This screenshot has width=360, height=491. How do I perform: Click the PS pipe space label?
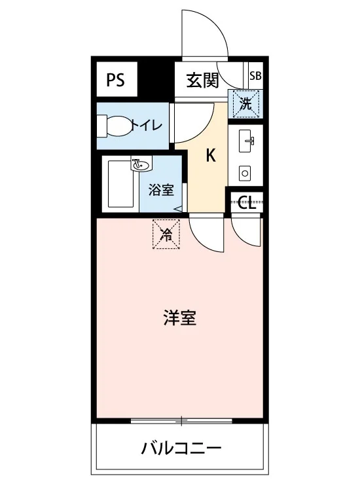[115, 79]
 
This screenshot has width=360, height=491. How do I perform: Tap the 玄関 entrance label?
[202, 81]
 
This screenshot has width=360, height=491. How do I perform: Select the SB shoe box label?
[255, 76]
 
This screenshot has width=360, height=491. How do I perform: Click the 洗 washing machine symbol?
[245, 103]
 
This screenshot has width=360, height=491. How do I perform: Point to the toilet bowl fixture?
[115, 126]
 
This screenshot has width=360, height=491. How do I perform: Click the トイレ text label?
[147, 126]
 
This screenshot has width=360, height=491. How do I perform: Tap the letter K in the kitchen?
[211, 155]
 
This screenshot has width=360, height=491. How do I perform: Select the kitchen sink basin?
[246, 141]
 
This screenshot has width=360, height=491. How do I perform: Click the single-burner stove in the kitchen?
[245, 173]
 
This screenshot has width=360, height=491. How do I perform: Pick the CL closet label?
[247, 202]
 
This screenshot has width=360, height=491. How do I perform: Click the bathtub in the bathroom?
[121, 184]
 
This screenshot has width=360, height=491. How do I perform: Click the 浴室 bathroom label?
[161, 190]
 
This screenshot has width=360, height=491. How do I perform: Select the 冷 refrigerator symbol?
[166, 234]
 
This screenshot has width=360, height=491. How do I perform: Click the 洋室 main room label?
[180, 318]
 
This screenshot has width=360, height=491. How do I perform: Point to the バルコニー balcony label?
[181, 448]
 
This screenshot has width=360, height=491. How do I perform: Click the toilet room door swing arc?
[203, 132]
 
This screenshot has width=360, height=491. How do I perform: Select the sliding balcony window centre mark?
[181, 421]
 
